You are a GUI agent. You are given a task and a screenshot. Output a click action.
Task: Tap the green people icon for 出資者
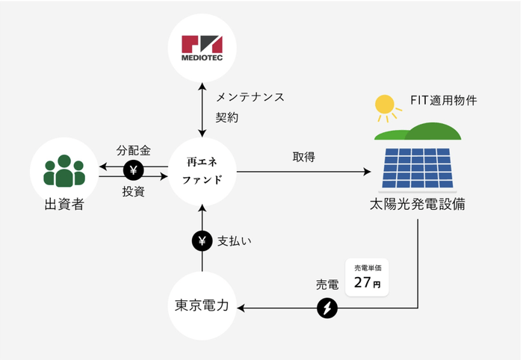(64, 171)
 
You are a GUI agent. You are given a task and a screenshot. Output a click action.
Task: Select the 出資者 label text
(64, 204)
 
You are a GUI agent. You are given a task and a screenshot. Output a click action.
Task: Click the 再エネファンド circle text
(202, 171)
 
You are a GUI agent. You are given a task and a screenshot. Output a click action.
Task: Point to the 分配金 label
(134, 150)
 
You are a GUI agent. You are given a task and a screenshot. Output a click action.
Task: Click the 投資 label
(133, 192)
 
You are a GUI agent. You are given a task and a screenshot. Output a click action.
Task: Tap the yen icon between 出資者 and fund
(134, 171)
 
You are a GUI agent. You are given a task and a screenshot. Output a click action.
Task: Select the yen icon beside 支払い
(202, 240)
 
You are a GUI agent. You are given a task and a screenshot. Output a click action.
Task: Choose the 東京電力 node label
(202, 305)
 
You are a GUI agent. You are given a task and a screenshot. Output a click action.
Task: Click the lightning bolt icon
(327, 308)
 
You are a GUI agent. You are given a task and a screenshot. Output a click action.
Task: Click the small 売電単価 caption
(367, 267)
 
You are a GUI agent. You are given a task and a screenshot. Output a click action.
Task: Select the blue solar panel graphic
(418, 169)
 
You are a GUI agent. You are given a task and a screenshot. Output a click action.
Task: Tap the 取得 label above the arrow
(303, 158)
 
